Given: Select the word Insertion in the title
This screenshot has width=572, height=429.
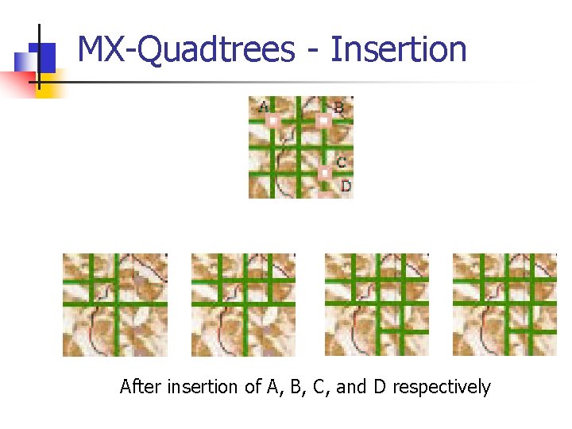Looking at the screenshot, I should (x=398, y=50).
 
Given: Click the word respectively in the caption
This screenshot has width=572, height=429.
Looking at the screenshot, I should (x=442, y=388).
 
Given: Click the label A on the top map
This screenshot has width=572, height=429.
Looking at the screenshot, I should (x=263, y=106).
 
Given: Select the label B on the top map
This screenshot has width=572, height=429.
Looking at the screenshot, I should (x=338, y=107).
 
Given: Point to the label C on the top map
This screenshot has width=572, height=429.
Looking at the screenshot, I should (x=341, y=162).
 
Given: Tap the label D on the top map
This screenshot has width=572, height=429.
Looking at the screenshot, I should (x=346, y=186).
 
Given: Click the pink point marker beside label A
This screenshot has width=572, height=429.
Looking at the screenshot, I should (x=272, y=121).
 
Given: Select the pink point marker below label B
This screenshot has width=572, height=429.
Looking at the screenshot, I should (x=323, y=121).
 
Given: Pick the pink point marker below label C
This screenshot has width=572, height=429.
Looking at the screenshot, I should (x=324, y=172).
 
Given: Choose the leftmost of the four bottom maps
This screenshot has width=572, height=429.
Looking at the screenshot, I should (x=115, y=304).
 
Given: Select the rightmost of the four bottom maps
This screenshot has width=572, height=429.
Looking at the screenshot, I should (x=504, y=304).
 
